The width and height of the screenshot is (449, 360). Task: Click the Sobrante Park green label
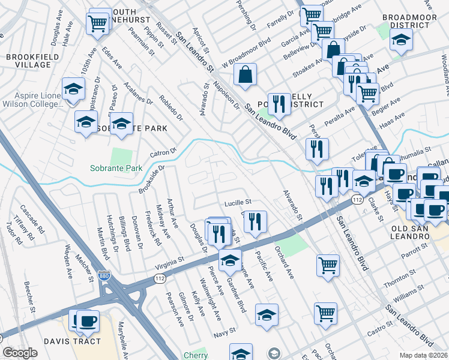pyautogui.click(x=116, y=168)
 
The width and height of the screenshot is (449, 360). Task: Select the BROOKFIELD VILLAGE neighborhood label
pyautogui.click(x=28, y=61)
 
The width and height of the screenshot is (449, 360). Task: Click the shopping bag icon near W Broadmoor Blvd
pyautogui.click(x=246, y=75)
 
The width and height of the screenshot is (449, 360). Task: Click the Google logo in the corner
pyautogui.click(x=20, y=353)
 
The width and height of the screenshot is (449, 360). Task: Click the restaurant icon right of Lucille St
pyautogui.click(x=256, y=221)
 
